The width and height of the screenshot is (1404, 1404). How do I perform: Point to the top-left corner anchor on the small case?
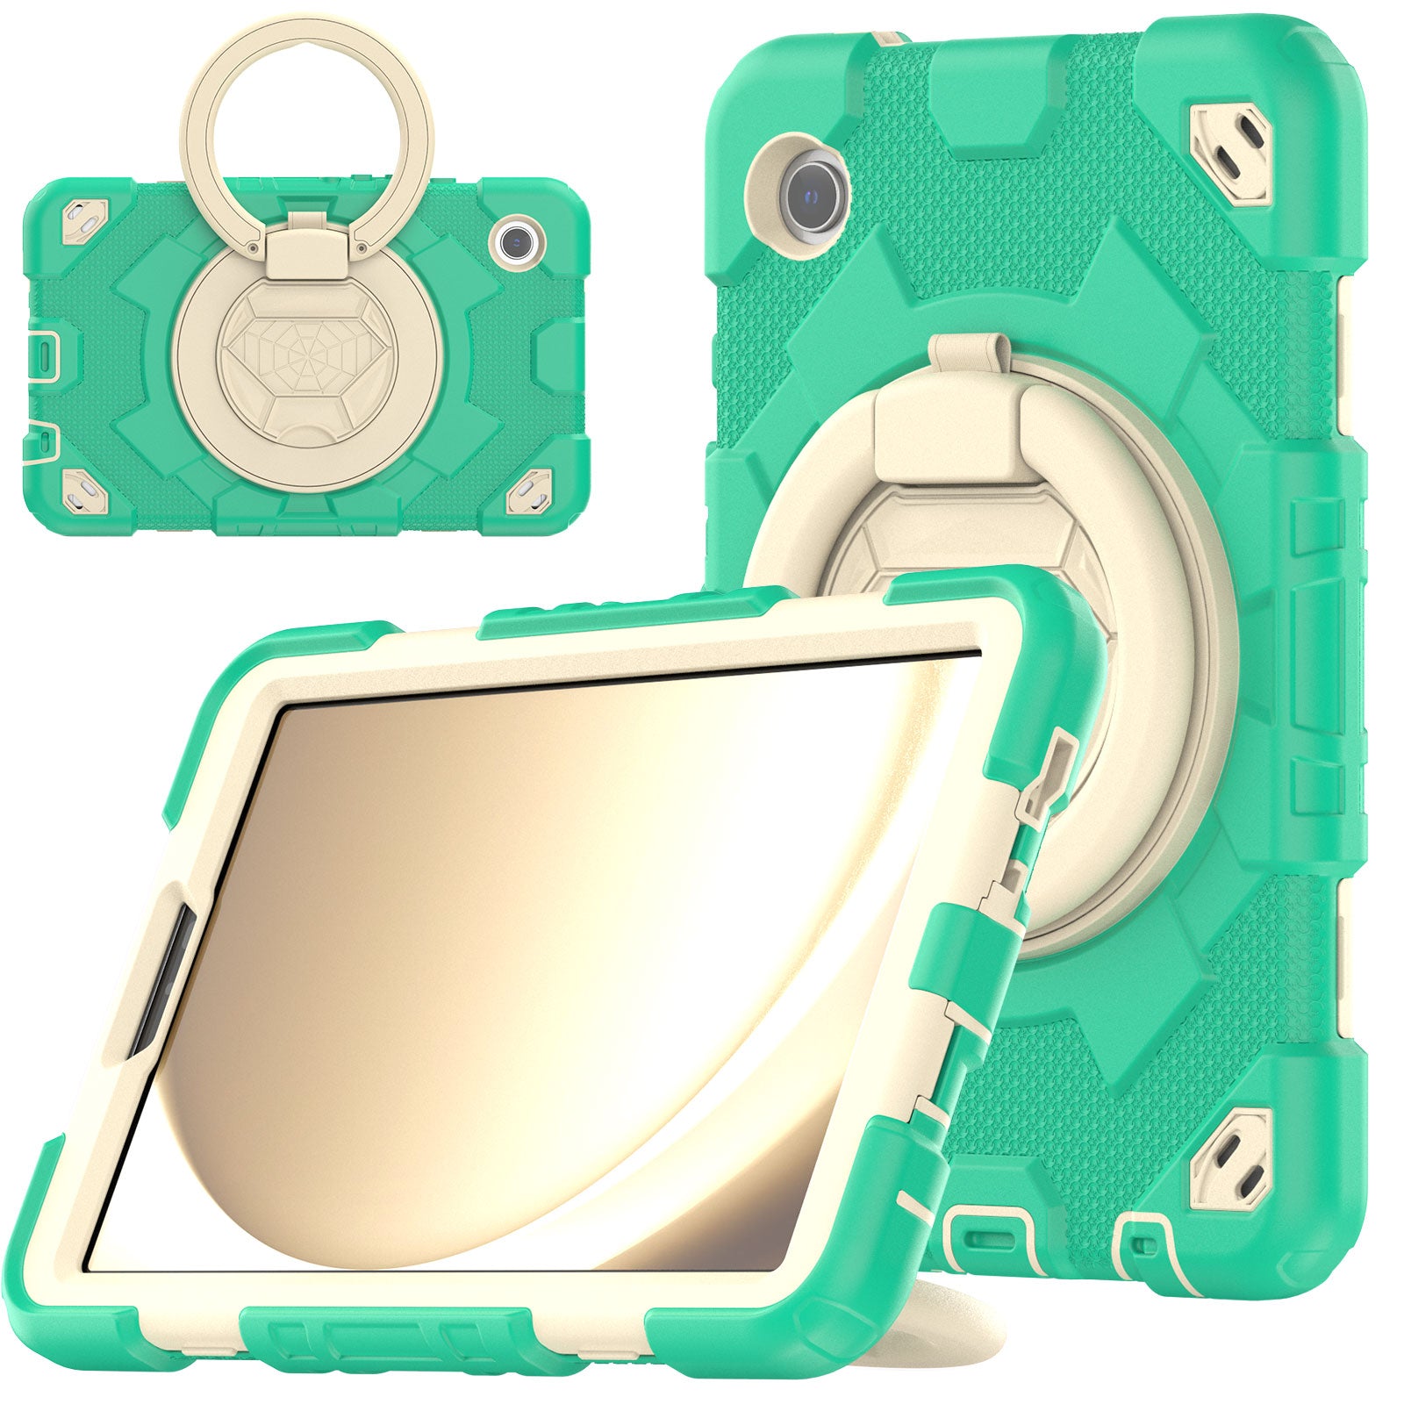[84, 214]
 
